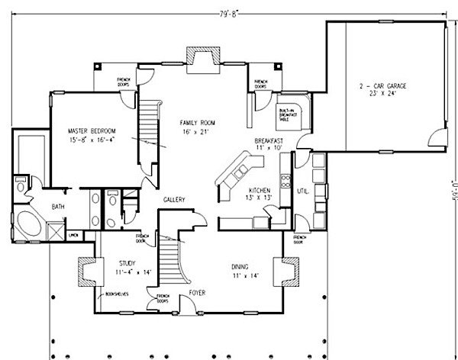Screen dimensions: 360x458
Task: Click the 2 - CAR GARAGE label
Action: click(x=385, y=87)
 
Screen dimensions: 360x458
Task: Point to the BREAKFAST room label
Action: click(x=269, y=141)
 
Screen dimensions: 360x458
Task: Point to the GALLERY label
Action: click(x=176, y=200)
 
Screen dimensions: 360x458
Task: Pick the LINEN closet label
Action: click(x=74, y=236)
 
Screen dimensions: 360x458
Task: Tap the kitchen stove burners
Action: click(x=285, y=182)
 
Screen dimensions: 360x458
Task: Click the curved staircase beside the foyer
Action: click(x=173, y=263)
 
